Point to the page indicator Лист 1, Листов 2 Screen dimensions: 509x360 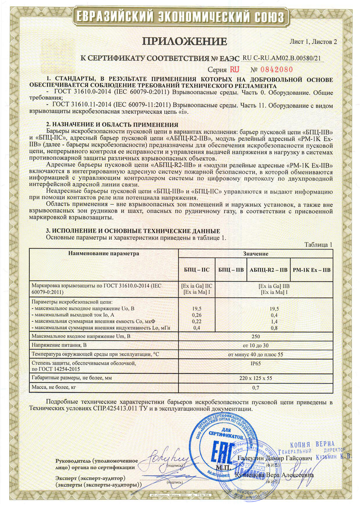(x=314, y=42)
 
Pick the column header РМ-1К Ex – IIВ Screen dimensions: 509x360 (x=311, y=270)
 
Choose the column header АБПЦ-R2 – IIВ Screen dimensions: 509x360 (x=268, y=270)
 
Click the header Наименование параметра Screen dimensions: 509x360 (x=104, y=253)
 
